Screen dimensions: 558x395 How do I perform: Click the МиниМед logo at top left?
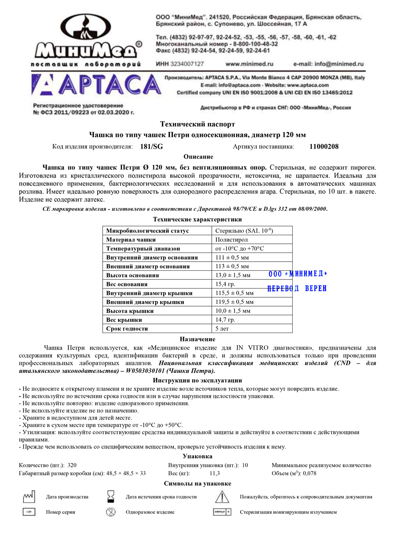(86, 39)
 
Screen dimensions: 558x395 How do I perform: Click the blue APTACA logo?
(96, 85)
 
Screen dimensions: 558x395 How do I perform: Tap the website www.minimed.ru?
(249, 64)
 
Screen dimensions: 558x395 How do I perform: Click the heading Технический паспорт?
(197, 124)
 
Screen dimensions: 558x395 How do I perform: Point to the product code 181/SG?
(151, 147)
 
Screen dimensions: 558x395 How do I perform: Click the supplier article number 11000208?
(324, 147)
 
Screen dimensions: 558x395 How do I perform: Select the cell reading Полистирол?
(231, 240)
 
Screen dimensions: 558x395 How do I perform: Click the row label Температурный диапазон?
(143, 249)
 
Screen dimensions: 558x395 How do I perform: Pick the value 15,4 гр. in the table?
(225, 284)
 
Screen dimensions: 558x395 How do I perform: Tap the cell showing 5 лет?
(222, 328)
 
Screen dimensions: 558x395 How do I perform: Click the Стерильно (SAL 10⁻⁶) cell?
(244, 231)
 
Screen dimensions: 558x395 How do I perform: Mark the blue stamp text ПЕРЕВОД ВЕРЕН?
(297, 288)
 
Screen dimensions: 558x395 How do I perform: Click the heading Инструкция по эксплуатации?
(197, 380)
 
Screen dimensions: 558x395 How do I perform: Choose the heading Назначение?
(197, 339)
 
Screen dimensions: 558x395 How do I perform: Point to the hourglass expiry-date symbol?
(111, 496)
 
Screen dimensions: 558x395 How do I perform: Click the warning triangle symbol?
(222, 496)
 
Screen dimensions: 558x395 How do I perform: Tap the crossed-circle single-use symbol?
(111, 512)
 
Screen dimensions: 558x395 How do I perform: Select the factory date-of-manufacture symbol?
(29, 496)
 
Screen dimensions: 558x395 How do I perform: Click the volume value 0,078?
(310, 473)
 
